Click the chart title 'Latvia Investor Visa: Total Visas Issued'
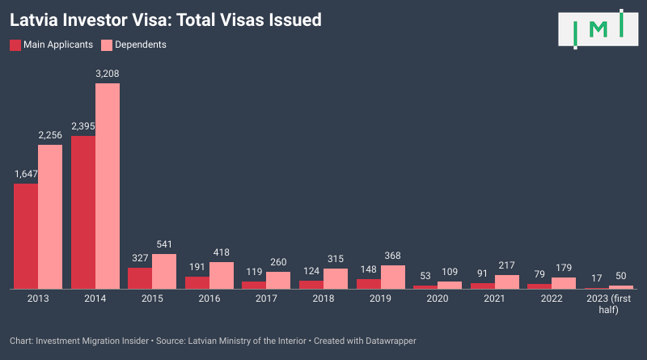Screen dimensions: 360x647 pyautogui.click(x=165, y=19)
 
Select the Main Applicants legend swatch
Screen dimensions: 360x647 pyautogui.click(x=15, y=44)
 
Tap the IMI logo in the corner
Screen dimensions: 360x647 pyautogui.click(x=598, y=29)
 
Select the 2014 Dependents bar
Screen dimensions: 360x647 pyautogui.click(x=108, y=186)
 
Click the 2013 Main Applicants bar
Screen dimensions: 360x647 pyautogui.click(x=26, y=236)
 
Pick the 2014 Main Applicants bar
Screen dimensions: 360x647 pyautogui.click(x=83, y=212)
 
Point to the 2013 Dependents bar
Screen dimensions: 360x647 pyautogui.click(x=50, y=217)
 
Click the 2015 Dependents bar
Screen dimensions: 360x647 pyautogui.click(x=164, y=271)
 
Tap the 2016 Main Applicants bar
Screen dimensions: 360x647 pyautogui.click(x=197, y=282)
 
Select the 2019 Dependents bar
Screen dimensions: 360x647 pyautogui.click(x=393, y=277)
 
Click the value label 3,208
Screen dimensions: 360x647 pyautogui.click(x=108, y=74)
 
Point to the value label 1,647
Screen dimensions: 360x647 pyautogui.click(x=26, y=174)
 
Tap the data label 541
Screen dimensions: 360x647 pyautogui.click(x=164, y=244)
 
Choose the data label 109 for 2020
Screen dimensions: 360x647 pyautogui.click(x=450, y=272)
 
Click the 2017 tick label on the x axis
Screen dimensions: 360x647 pyautogui.click(x=266, y=299)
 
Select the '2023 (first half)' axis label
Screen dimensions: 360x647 pyautogui.click(x=609, y=305)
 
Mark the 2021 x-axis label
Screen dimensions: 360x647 pyautogui.click(x=494, y=299)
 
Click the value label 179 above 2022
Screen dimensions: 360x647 pyautogui.click(x=564, y=268)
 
